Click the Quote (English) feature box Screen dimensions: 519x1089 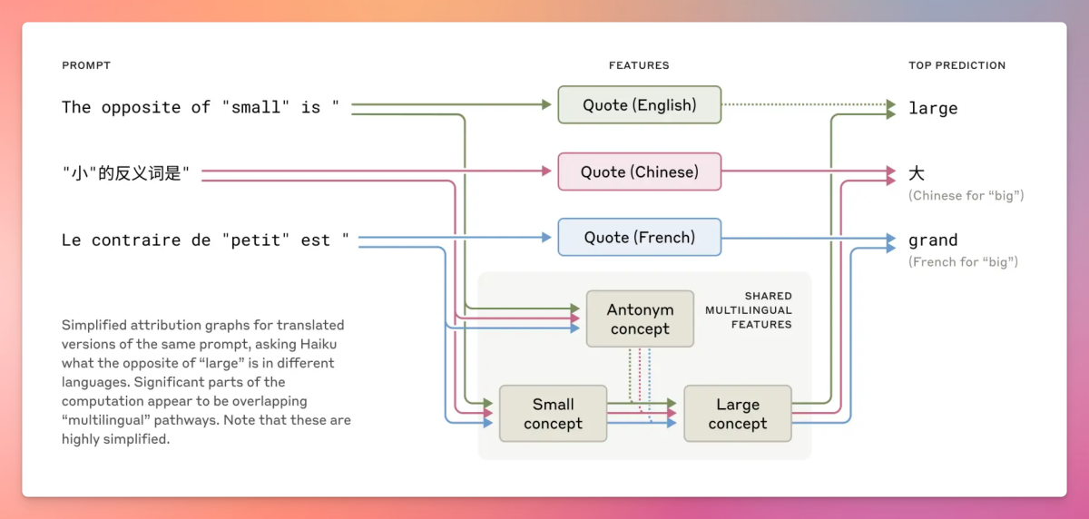tap(639, 105)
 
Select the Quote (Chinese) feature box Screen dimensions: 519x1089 tap(639, 171)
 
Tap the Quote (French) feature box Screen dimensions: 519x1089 tap(639, 238)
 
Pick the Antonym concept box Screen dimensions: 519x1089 tap(640, 319)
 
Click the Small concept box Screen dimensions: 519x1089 tap(553, 414)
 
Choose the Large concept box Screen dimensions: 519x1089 tap(737, 414)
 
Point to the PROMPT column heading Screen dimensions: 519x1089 tap(85, 65)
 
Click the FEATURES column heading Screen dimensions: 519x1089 tap(639, 65)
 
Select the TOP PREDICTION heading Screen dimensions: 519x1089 tap(957, 65)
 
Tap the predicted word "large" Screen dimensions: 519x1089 tap(933, 109)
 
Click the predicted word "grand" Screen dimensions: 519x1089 tap(933, 240)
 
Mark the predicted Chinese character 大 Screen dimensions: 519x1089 tap(917, 172)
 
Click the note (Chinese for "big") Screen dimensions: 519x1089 tap(966, 196)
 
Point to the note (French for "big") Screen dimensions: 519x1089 tap(963, 262)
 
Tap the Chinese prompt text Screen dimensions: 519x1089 tap(127, 172)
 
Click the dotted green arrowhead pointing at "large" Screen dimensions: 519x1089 tap(891, 105)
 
